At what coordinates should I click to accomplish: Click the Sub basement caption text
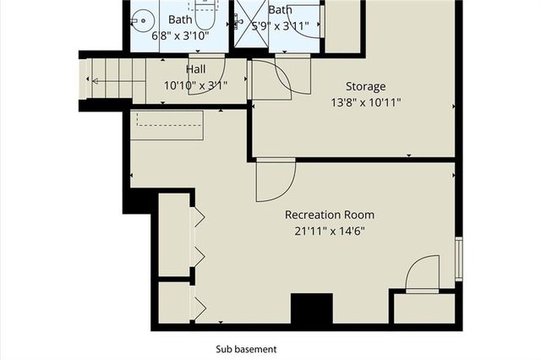click(x=246, y=348)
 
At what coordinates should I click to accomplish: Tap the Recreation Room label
click(x=330, y=215)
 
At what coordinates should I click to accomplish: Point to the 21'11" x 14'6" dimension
click(x=330, y=230)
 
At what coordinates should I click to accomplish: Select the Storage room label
click(x=365, y=86)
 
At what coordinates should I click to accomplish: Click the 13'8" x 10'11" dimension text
click(x=365, y=102)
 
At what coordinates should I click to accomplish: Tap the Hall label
click(x=195, y=68)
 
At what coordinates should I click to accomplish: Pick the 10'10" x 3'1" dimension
click(x=195, y=85)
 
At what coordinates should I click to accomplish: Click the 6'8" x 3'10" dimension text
click(x=180, y=35)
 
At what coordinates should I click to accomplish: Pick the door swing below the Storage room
click(x=275, y=179)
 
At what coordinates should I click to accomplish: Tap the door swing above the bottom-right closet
click(x=422, y=275)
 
